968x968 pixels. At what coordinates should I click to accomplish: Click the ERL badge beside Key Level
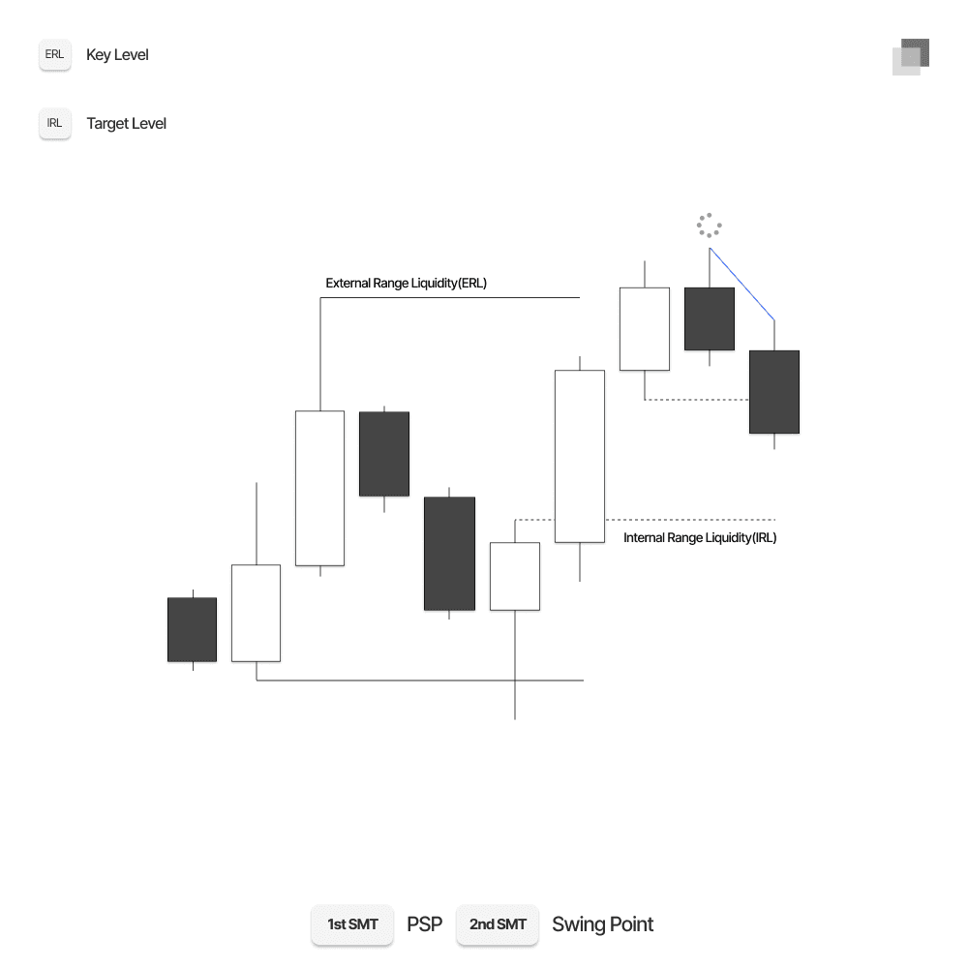tap(55, 55)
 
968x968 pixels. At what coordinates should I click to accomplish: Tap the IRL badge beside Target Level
tap(55, 124)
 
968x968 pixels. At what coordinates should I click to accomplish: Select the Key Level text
tap(117, 55)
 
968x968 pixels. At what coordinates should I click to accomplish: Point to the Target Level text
tap(126, 124)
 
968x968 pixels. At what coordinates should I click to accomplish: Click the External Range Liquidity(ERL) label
tap(406, 284)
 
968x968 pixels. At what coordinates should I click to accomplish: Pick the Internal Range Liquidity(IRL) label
tap(699, 538)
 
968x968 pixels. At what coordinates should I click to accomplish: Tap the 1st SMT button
tap(352, 924)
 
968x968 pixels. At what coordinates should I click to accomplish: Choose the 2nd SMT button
tap(498, 924)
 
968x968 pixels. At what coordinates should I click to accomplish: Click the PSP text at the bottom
tap(425, 924)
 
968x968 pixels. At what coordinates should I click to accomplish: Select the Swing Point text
tap(602, 924)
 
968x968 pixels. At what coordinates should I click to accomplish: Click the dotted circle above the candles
tap(710, 226)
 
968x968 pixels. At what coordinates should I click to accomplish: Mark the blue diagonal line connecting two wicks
tap(742, 285)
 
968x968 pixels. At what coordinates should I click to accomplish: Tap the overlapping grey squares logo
tap(911, 56)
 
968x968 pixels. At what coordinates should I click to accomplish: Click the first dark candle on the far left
tap(192, 629)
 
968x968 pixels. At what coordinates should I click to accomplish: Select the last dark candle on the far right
tap(774, 391)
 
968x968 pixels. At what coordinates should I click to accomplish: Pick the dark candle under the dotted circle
tap(710, 318)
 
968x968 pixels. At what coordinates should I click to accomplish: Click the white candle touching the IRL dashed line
tap(580, 455)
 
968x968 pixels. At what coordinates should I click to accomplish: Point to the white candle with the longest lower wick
tap(515, 576)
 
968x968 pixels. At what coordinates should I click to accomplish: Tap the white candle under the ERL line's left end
tap(319, 488)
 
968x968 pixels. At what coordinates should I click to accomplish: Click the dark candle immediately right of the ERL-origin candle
tap(384, 453)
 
